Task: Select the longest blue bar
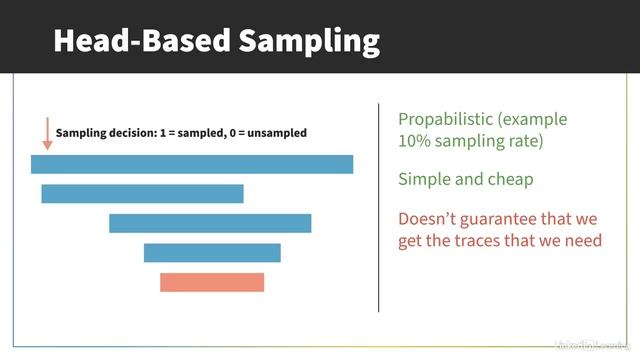(x=192, y=164)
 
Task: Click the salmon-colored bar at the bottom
(x=212, y=282)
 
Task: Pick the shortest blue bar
(x=212, y=252)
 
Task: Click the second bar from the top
(x=142, y=193)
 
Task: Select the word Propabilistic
(x=447, y=119)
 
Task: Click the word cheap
(x=510, y=180)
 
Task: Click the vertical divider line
(x=379, y=207)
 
